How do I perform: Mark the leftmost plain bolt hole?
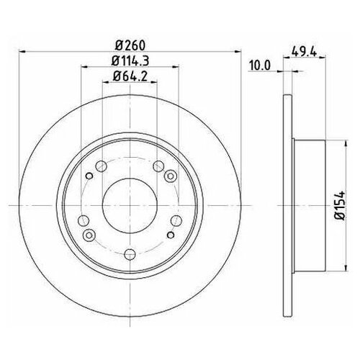point(81,220)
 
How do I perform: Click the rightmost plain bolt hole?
point(173,220)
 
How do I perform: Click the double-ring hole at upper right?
point(171,176)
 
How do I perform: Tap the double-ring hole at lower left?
point(89,235)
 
